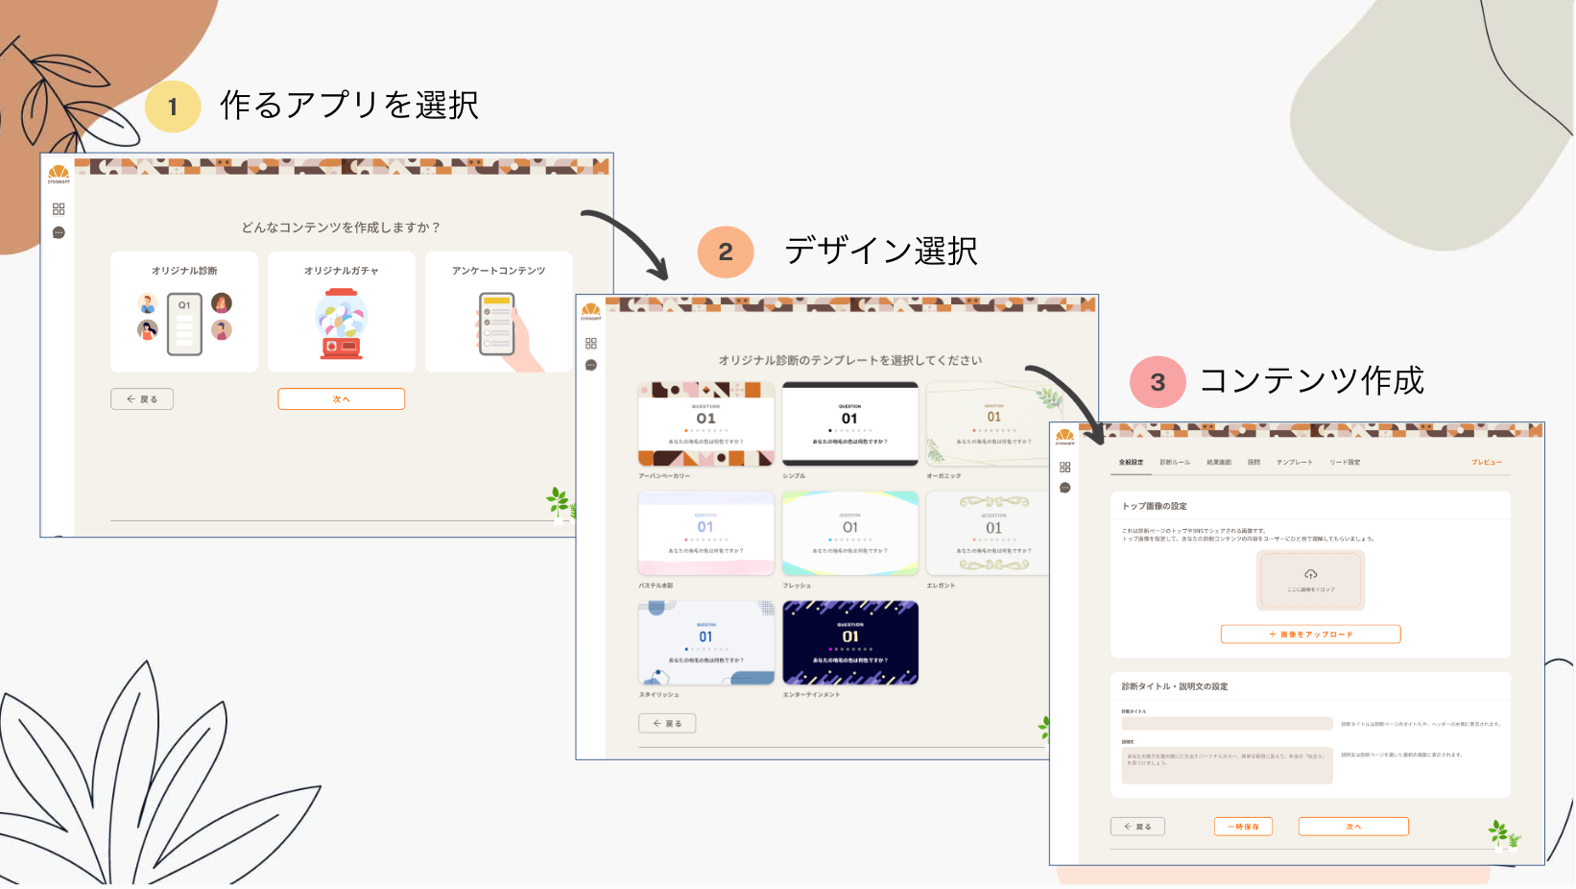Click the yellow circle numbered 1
tap(173, 106)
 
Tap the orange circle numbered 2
tap(726, 252)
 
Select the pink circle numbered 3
tap(1158, 381)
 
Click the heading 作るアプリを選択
tap(349, 105)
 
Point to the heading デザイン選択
tap(881, 251)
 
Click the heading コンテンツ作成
tap(1311, 380)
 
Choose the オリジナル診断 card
tap(184, 312)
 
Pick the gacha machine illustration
tap(342, 324)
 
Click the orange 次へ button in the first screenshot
tap(342, 398)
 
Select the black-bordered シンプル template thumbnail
tap(850, 423)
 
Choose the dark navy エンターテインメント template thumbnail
tap(850, 642)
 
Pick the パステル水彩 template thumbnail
tap(706, 533)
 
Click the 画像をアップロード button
tap(1310, 634)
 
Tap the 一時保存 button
tap(1243, 826)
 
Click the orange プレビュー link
tap(1487, 462)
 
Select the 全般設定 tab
tap(1131, 462)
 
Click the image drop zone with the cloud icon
tap(1310, 580)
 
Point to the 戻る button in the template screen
tap(667, 723)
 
